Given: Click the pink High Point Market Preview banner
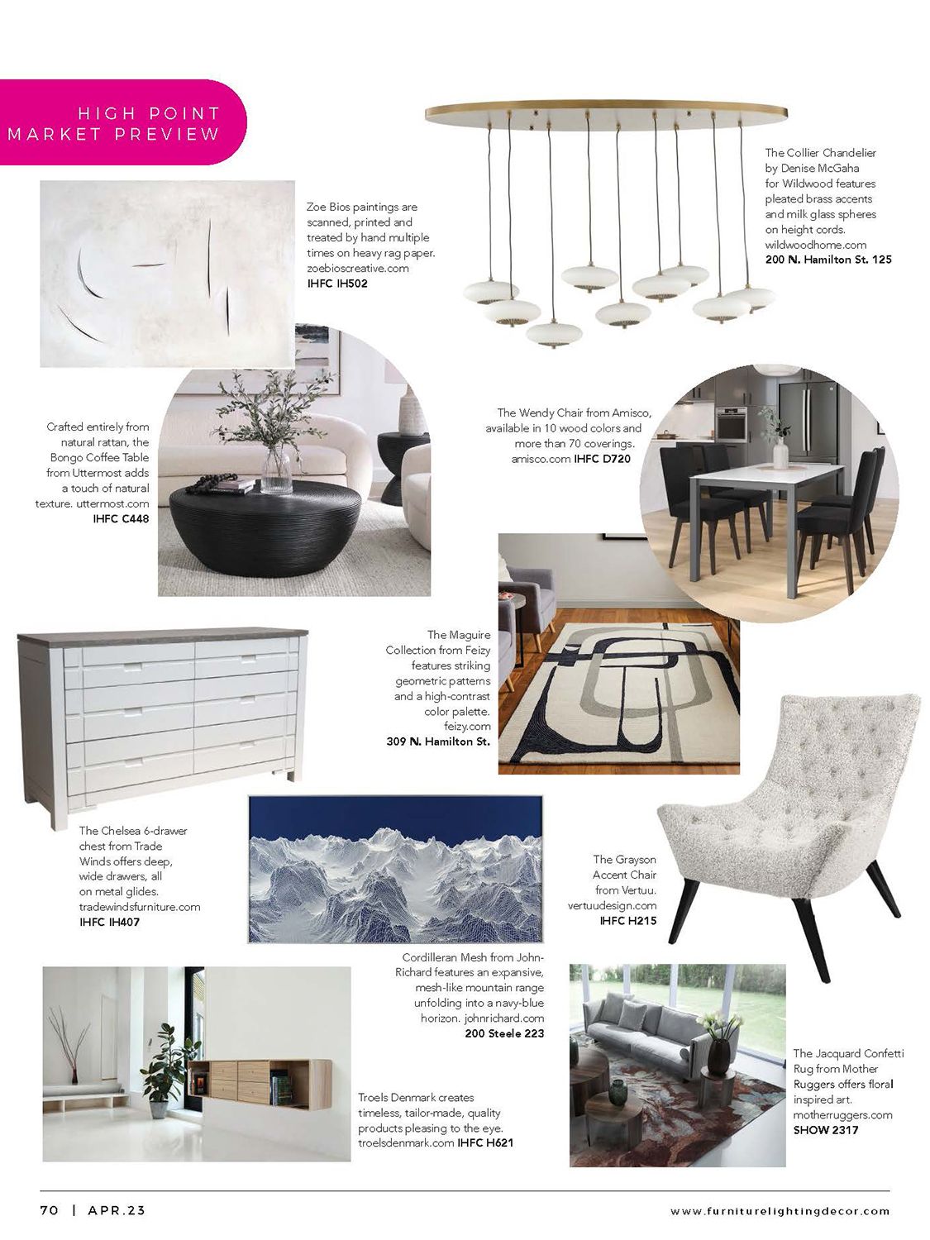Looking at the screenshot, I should point(124,123).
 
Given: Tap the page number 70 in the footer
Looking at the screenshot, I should point(50,1210).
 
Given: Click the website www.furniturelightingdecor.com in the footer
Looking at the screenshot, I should point(780,1211).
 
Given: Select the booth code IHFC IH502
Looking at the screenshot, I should point(337,284).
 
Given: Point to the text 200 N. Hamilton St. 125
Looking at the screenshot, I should point(828,260).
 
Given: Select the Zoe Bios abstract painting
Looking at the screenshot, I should point(167,274).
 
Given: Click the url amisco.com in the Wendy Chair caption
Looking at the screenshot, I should point(541,458).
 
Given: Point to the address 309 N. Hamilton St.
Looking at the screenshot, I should point(438,742).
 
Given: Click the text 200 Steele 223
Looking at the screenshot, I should point(504,1033).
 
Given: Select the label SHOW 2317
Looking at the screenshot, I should point(826,1129).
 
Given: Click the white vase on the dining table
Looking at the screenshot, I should point(780,453).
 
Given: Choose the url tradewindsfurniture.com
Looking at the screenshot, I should point(140,906).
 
